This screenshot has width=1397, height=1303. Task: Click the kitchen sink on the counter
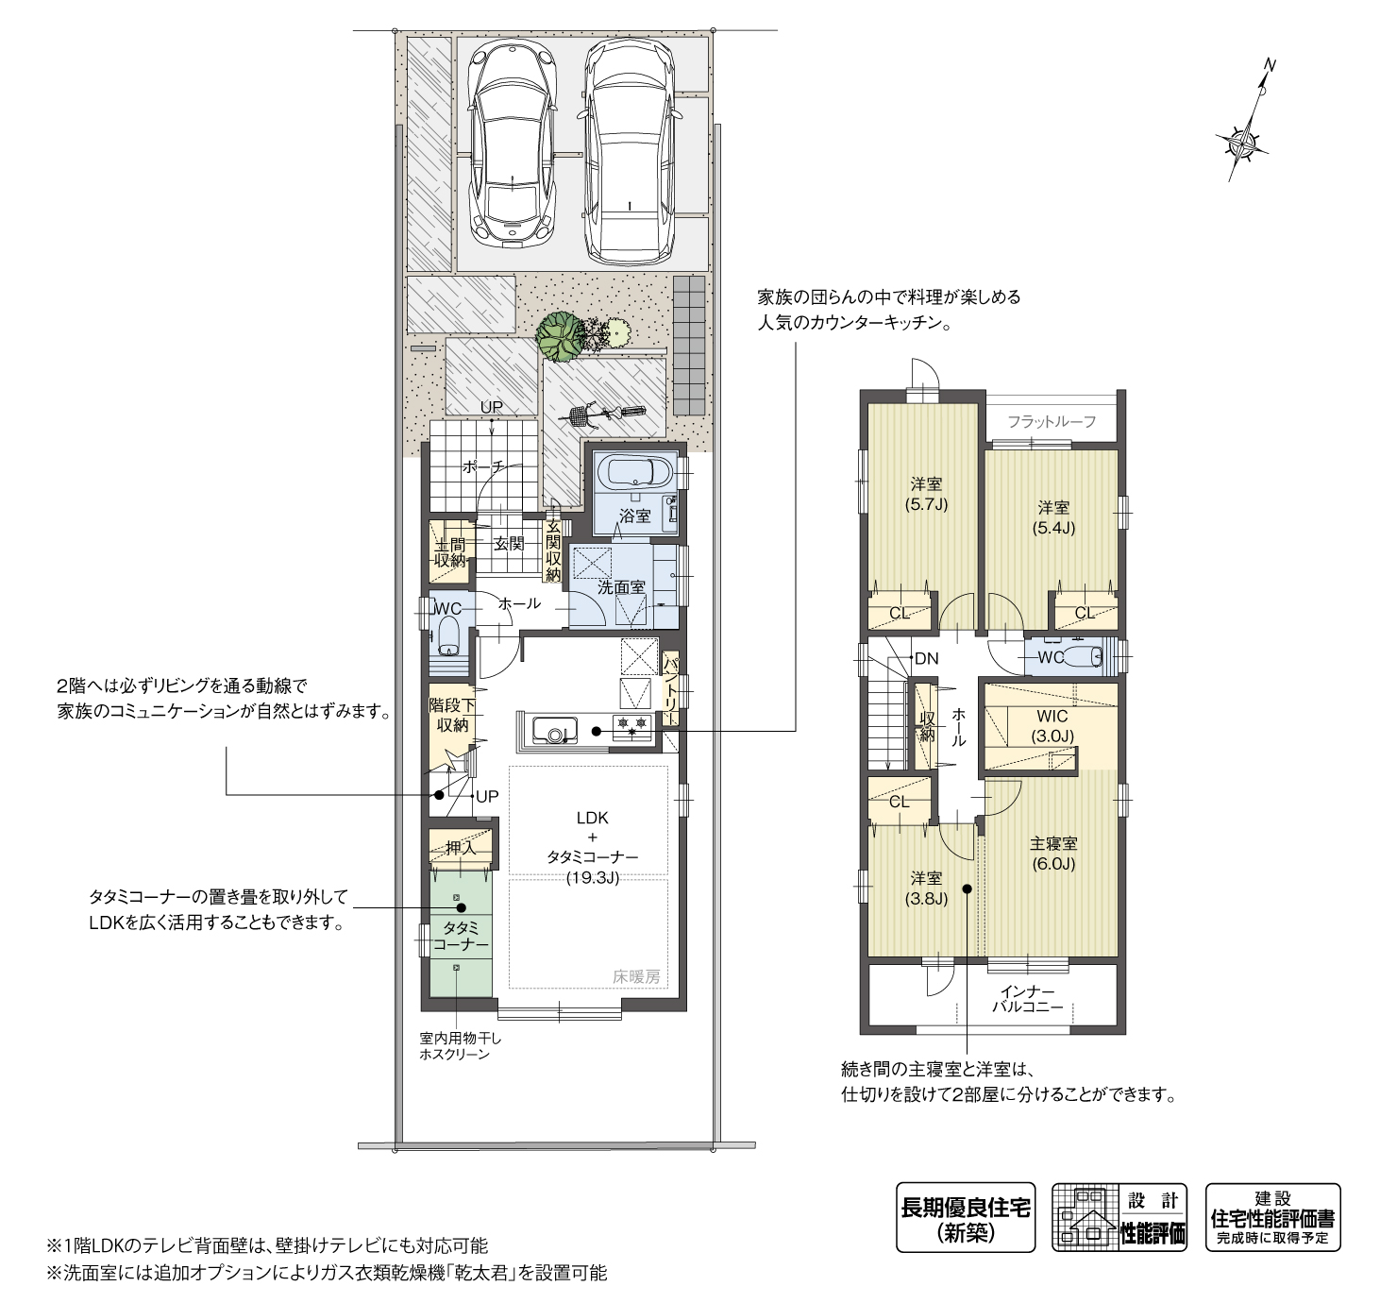555,730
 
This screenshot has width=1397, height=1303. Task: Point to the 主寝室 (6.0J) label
1052,854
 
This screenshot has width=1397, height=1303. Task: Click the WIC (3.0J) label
1052,726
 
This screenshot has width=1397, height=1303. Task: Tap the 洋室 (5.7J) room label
925,494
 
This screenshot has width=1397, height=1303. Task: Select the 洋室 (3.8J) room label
925,888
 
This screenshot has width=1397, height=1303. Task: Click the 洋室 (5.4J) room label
1052,517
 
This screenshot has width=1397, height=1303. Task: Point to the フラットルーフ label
1051,421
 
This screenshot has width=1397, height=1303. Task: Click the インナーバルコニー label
1027,999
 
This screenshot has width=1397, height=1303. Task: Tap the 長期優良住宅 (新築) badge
965,1218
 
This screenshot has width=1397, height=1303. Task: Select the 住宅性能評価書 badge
1272,1218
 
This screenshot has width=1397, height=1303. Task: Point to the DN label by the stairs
926,658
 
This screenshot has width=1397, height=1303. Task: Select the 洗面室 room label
620,586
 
